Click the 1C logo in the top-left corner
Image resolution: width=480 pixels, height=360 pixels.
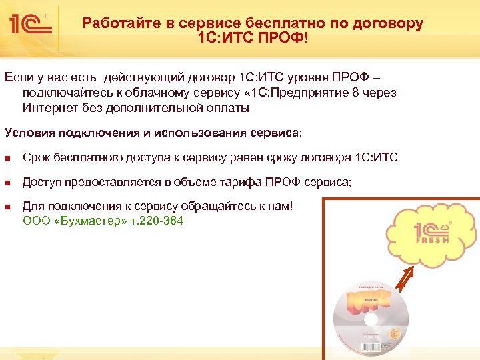[31, 25]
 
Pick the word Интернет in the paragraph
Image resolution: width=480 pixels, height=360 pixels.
[49, 107]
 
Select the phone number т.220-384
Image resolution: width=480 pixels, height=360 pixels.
[155, 220]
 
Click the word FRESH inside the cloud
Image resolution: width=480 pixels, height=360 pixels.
[433, 239]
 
